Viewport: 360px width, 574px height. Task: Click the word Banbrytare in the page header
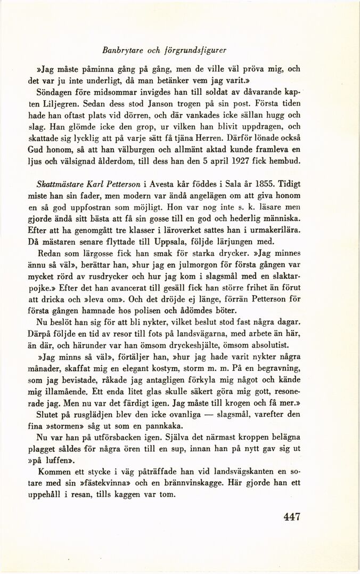point(120,51)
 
